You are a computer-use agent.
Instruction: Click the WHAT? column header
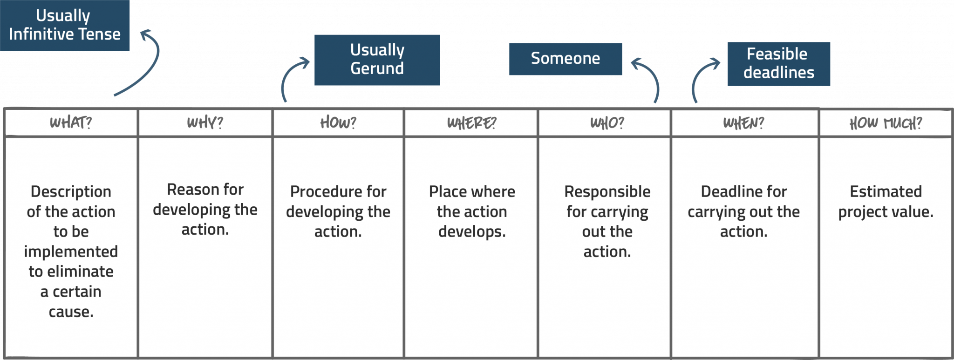(x=71, y=122)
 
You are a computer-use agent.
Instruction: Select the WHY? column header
(x=205, y=122)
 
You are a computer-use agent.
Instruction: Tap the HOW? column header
(x=338, y=122)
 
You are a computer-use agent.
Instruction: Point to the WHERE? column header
(x=471, y=122)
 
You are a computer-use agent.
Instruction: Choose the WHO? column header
(x=606, y=122)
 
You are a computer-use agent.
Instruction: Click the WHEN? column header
(x=743, y=122)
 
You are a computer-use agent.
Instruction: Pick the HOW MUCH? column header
(x=885, y=123)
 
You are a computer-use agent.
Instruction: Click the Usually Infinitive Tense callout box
(x=64, y=25)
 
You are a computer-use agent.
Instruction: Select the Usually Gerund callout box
(x=377, y=60)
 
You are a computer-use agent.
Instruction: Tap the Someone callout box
(x=565, y=59)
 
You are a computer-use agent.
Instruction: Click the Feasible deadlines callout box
(x=778, y=64)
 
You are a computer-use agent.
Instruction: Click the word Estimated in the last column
(x=886, y=191)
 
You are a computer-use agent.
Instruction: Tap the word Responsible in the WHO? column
(x=607, y=191)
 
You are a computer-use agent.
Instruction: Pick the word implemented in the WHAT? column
(x=71, y=251)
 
